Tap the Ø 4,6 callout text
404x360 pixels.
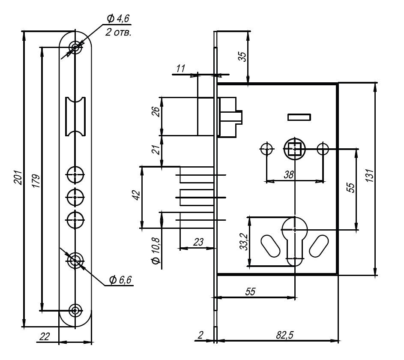[x=118, y=18]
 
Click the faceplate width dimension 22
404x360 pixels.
[x=44, y=337]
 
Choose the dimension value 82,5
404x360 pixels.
[x=284, y=335]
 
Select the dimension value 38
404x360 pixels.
[x=289, y=174]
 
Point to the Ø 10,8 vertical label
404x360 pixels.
[x=156, y=251]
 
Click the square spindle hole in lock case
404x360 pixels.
[x=294, y=149]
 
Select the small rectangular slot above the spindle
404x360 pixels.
[x=299, y=117]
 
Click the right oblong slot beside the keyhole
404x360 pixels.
[x=319, y=246]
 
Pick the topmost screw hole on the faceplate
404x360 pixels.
[x=76, y=47]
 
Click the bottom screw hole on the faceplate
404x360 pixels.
[x=76, y=310]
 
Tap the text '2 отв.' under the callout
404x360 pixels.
[x=118, y=32]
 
